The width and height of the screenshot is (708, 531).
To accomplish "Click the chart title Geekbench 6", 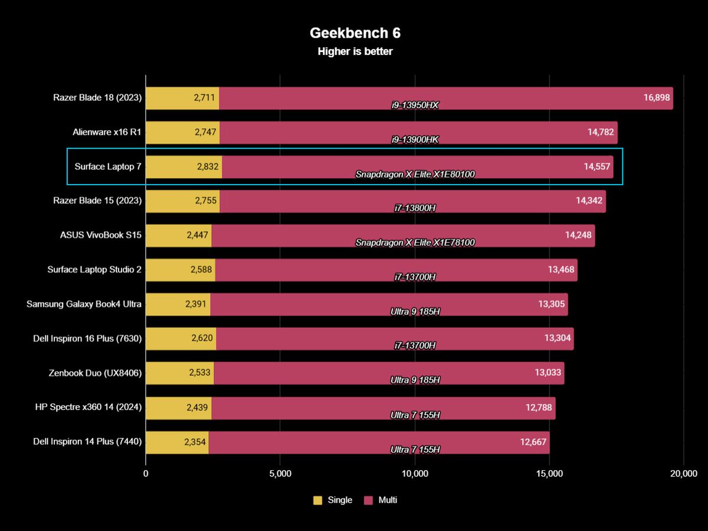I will coord(355,33).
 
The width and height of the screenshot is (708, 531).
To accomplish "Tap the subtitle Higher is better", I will coord(355,51).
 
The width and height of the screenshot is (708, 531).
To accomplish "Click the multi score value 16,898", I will coord(656,98).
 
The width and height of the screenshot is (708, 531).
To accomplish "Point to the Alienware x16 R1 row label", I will coord(107,133).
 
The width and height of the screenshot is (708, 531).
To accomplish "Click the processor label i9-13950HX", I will coord(415,106).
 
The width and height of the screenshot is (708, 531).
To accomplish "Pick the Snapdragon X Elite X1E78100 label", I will coord(415,242).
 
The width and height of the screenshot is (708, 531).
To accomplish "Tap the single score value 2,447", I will coord(198,235).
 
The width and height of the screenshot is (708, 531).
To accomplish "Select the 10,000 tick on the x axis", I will coord(415,473).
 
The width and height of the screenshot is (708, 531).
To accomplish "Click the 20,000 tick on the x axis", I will coord(684,473).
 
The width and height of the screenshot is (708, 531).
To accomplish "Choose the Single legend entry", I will coord(333,500).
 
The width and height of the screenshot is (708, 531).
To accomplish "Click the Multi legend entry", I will coord(381,500).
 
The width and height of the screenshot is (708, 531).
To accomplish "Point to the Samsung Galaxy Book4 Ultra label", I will coord(84,304).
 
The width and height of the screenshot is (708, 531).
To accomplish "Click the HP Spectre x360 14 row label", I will coord(88,407).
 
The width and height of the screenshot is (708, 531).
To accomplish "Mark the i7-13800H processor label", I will coord(415,208).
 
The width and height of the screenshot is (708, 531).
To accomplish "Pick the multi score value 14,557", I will coord(596,167).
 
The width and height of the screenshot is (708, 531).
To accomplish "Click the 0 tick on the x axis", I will coord(146,473).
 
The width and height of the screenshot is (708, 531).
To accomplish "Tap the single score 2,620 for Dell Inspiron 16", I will coord(201,338).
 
